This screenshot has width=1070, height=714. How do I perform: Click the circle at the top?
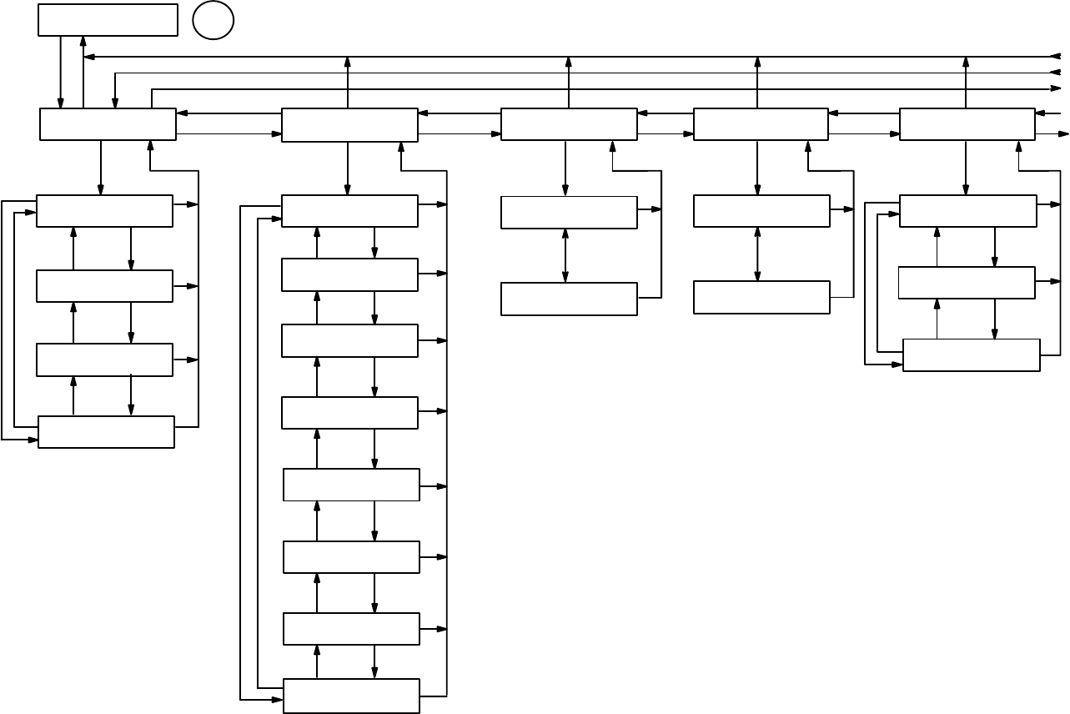(213, 21)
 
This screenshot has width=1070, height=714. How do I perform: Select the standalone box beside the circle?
(108, 20)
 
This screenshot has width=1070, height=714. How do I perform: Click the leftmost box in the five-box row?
(108, 124)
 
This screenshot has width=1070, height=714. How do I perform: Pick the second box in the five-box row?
(349, 125)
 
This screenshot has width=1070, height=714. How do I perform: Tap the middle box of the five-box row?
(569, 124)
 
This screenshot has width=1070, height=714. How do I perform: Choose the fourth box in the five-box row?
(761, 124)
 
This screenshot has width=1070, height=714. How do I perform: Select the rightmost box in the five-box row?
(967, 124)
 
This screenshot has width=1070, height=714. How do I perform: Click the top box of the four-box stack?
(104, 211)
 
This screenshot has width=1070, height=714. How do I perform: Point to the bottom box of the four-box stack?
(106, 432)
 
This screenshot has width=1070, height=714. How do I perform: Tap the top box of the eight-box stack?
(349, 211)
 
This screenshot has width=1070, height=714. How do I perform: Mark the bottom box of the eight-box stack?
(351, 696)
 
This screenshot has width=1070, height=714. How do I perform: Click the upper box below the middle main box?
(569, 213)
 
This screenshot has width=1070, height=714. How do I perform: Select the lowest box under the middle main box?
(569, 299)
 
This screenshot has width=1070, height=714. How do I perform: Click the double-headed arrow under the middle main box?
(565, 255)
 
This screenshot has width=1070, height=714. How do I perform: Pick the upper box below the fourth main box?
(761, 211)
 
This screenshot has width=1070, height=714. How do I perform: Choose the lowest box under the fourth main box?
(761, 297)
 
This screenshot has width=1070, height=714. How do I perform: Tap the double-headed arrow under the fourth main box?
(757, 254)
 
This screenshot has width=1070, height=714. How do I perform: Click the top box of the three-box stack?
(967, 211)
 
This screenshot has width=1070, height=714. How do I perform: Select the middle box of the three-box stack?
(966, 283)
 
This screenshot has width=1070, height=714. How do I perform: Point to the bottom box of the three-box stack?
(971, 354)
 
